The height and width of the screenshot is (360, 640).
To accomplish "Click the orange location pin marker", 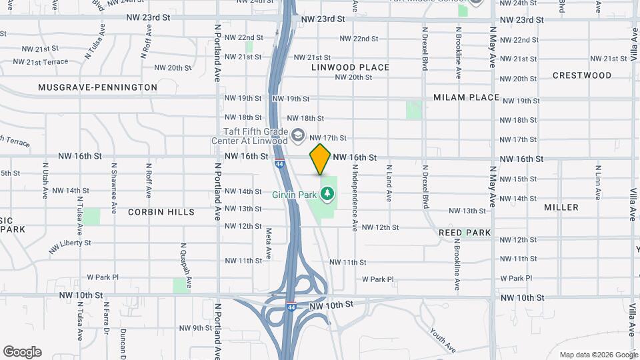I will tap(320, 159).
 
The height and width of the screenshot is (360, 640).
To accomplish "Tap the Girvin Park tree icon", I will tap(327, 195).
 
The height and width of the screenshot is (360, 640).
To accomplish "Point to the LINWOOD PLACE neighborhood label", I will tap(350, 67).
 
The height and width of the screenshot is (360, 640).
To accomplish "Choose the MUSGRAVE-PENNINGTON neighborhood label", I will tap(97, 87).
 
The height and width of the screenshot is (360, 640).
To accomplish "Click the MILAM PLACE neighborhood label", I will tap(466, 97).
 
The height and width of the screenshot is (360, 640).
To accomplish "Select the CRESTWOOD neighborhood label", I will tap(582, 75).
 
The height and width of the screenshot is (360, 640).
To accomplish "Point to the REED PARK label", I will tap(465, 233).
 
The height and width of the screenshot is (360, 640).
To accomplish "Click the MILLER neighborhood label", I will tap(561, 207).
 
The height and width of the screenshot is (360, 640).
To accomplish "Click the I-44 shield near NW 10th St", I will tap(291, 307).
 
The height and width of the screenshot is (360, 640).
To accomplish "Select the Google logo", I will tap(22, 352).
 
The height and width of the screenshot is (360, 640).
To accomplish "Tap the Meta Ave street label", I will tap(269, 244).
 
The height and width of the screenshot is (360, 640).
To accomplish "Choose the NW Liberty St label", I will tap(69, 245).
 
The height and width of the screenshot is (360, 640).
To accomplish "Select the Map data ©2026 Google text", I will tap(597, 355).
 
